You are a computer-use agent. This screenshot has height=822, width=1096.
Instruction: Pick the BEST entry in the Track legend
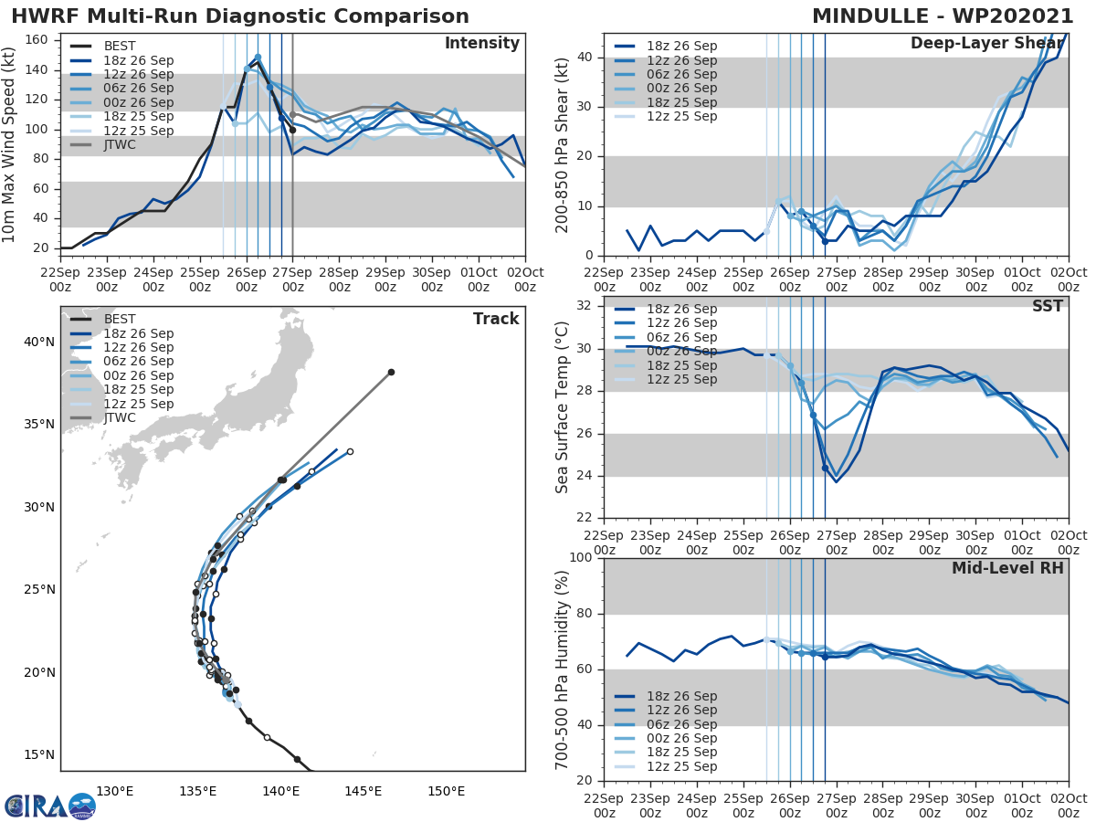[x=120, y=319]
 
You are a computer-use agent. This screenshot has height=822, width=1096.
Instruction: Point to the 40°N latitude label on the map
[x=39, y=342]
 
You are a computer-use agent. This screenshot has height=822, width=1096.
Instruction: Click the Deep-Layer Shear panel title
[x=986, y=44]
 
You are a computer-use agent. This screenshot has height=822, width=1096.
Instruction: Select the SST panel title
[x=1047, y=306]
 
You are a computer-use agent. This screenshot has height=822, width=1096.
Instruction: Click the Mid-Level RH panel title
[x=1007, y=568]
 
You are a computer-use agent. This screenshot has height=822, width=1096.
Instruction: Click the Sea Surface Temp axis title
[x=563, y=407]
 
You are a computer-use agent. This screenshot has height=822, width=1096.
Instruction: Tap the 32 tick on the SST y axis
[x=585, y=305]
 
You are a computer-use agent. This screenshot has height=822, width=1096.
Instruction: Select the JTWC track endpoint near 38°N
[x=391, y=372]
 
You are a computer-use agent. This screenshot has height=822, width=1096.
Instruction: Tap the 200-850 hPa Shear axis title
[x=563, y=144]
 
